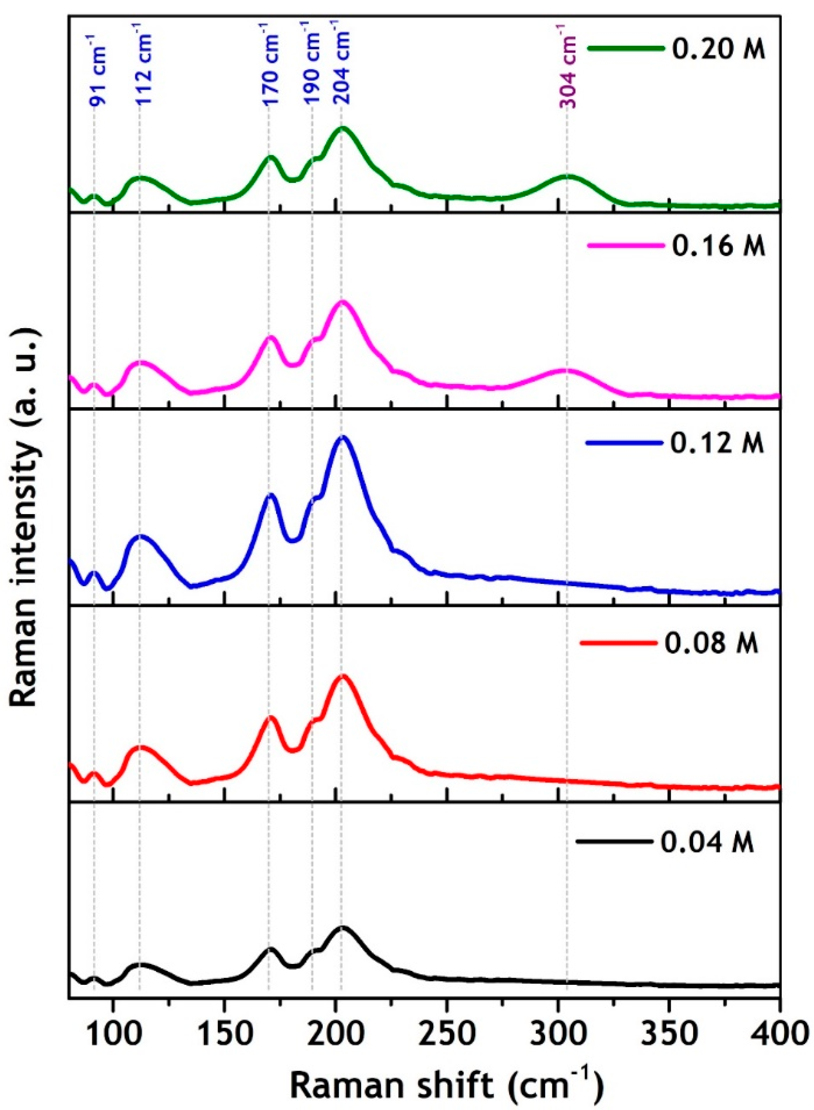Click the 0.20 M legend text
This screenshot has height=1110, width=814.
tap(718, 51)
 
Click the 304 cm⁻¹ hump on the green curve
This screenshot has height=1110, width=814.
tap(567, 176)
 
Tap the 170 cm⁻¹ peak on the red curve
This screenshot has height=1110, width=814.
tap(270, 718)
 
